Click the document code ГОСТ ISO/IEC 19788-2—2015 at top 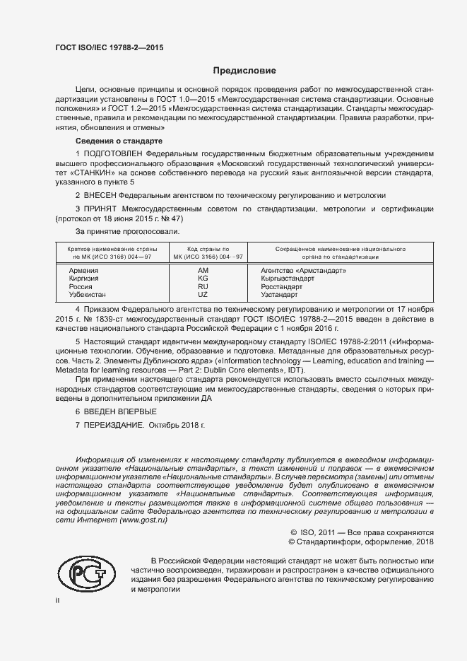click(109, 47)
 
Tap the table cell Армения click(83, 271)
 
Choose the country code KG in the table click(203, 279)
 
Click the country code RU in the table click(203, 286)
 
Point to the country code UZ click(203, 294)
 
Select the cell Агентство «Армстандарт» click(304, 271)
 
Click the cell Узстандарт click(279, 294)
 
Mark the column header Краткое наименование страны click(107, 250)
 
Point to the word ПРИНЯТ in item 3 click(101, 209)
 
